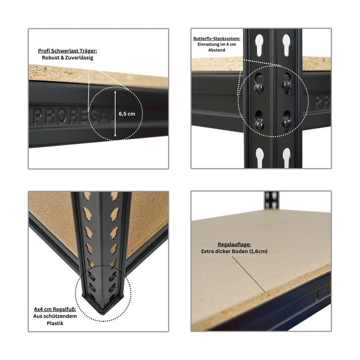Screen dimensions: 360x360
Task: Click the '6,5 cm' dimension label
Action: pos(127,114)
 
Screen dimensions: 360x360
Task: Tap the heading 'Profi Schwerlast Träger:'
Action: pos(67,51)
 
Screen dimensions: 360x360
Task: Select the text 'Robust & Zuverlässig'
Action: pos(67,58)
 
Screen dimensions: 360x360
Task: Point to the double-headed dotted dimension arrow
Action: pos(115,114)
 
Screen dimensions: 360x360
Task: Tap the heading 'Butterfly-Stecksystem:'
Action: pos(217,39)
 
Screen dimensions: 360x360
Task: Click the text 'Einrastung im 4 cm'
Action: pos(217,44)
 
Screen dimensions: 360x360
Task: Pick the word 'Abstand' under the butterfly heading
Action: pos(217,50)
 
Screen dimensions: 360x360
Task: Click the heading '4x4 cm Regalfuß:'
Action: pos(55,309)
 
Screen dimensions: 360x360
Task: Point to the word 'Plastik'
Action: pos(55,323)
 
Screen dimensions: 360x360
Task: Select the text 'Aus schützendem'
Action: pos(55,316)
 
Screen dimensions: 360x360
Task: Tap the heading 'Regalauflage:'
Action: pos(234,244)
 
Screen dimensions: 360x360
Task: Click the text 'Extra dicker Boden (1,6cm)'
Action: pos(234,251)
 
